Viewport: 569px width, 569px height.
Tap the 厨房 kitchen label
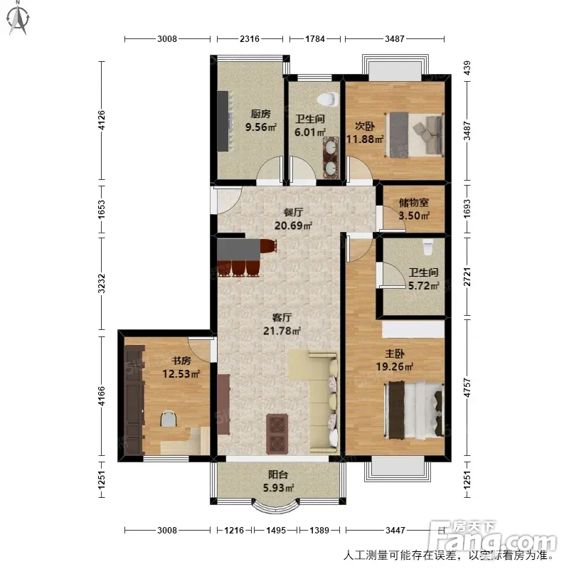[260, 114]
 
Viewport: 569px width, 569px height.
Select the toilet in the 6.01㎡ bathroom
[328, 99]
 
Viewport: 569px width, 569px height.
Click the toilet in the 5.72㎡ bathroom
[428, 246]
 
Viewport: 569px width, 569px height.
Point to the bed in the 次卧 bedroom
[415, 134]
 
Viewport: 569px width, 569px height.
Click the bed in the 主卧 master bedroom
[414, 410]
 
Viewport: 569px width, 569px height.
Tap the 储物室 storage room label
[414, 202]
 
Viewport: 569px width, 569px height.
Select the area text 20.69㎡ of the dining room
[293, 225]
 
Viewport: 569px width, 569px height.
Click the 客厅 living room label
[282, 317]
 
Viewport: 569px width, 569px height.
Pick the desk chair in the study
[169, 418]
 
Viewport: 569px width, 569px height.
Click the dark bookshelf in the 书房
[134, 400]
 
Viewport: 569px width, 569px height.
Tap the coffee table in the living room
[277, 434]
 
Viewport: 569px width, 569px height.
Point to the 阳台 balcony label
[278, 474]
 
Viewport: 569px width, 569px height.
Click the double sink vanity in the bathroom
[331, 157]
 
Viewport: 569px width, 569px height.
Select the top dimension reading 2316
[250, 38]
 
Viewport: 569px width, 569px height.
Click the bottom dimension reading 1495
[276, 530]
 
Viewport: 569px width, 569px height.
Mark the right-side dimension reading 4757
[467, 388]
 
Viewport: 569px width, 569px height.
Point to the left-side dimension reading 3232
[102, 283]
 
